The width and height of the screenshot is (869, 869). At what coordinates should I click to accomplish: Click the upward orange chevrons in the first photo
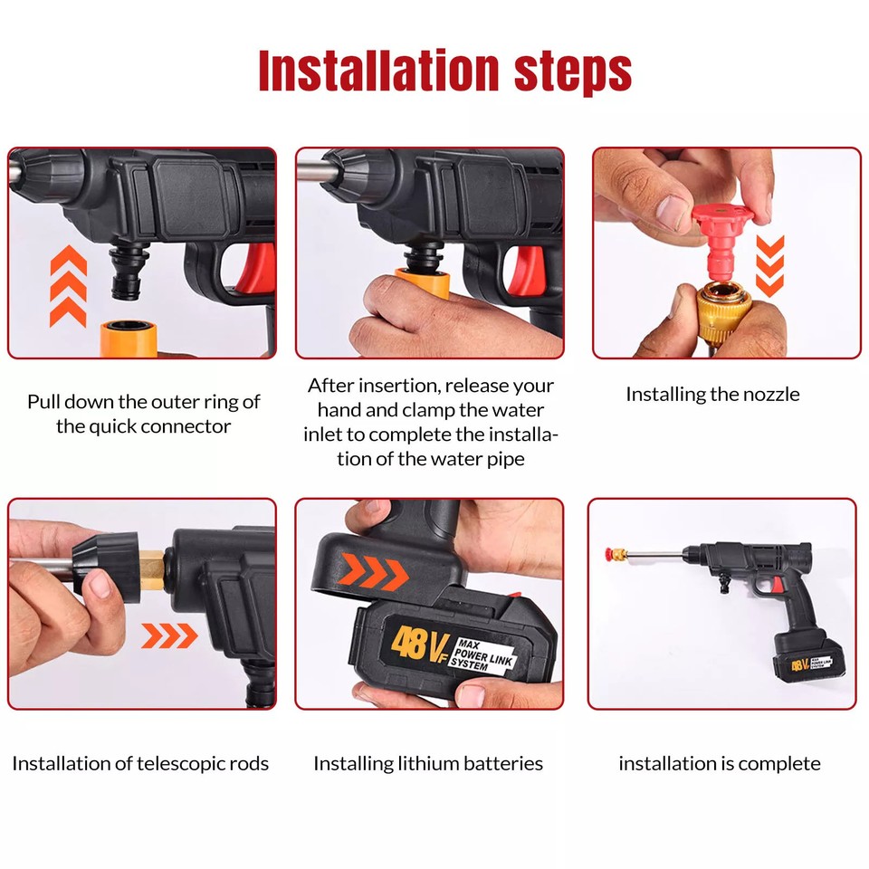click(x=68, y=286)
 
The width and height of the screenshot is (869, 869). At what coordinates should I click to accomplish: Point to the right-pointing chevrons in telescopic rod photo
click(x=169, y=636)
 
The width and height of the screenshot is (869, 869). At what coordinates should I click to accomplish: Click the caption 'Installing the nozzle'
click(x=712, y=395)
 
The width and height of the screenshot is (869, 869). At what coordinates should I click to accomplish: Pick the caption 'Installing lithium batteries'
click(x=428, y=763)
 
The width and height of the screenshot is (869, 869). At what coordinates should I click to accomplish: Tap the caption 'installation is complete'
click(x=720, y=763)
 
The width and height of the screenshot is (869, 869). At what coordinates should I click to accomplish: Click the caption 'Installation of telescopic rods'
click(x=140, y=763)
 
